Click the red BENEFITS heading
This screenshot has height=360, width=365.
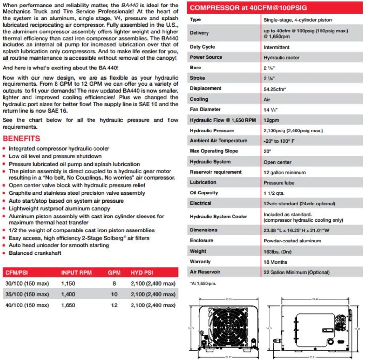[21, 139]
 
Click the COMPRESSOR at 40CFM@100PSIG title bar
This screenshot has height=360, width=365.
[248, 8]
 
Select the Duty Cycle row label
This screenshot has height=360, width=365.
[202, 47]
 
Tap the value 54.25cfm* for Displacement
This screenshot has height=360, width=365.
[275, 89]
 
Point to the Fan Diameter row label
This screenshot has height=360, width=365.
[205, 109]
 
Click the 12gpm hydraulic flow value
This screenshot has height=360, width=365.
[271, 120]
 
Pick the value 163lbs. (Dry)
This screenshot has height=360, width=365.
[277, 251]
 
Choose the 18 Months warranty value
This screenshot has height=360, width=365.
[275, 262]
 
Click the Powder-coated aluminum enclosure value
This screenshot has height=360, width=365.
[292, 241]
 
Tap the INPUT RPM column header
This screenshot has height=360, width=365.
[76, 273]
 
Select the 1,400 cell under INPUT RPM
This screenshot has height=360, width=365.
[68, 294]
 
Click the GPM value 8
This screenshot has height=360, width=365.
[114, 283]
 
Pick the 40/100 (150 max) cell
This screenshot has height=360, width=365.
[27, 305]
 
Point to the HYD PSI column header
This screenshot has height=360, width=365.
[142, 273]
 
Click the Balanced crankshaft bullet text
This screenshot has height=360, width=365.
[35, 253]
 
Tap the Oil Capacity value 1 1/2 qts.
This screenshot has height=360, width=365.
[274, 193]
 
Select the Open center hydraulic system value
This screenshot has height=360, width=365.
[277, 162]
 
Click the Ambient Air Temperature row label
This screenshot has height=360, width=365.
[219, 141]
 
